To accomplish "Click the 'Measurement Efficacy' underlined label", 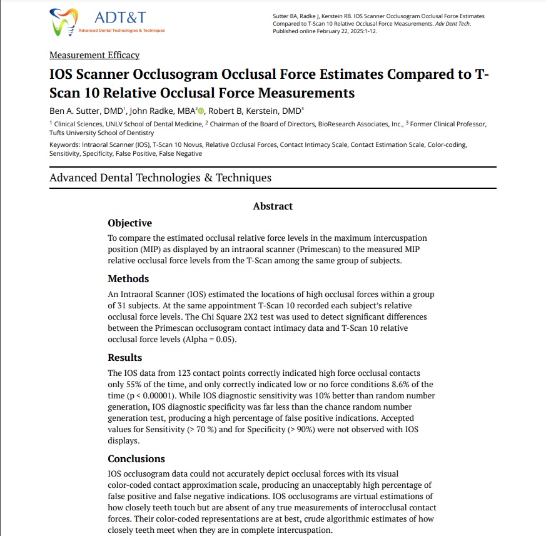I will pyautogui.click(x=94, y=55).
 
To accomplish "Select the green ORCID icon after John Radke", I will pyautogui.click(x=201, y=111).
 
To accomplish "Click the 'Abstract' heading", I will pyautogui.click(x=273, y=206).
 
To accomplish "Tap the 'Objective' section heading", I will pyautogui.click(x=129, y=223).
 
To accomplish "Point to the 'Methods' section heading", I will pyautogui.click(x=129, y=278).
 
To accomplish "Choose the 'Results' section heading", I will pyautogui.click(x=124, y=357).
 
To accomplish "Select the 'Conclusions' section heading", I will pyautogui.click(x=136, y=458).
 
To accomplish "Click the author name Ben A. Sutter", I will pyautogui.click(x=76, y=111).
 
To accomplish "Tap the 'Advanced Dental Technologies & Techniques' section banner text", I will pyautogui.click(x=160, y=178).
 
